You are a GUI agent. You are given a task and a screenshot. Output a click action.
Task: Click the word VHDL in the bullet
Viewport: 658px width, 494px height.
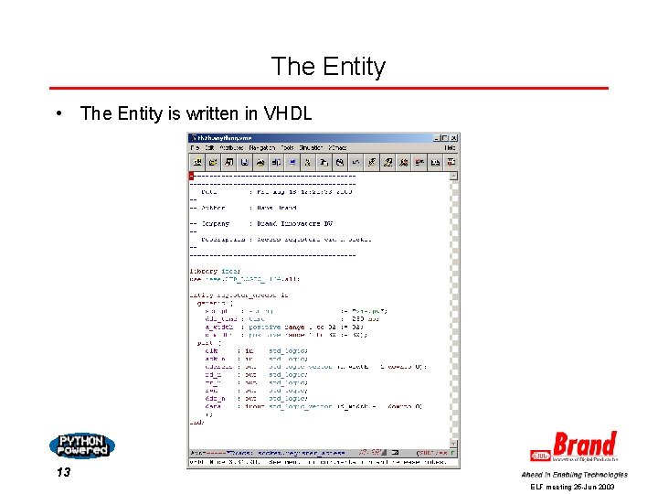[288, 113]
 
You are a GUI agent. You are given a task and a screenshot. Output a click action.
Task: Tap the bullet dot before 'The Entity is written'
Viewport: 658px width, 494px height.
[58, 113]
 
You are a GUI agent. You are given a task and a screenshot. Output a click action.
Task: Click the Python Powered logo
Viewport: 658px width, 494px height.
[82, 446]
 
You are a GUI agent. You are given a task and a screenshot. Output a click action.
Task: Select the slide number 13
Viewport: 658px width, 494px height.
[63, 472]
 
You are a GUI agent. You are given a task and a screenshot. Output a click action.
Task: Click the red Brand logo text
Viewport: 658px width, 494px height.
[585, 446]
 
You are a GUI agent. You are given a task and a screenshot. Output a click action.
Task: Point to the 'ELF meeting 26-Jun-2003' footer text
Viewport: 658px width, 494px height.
[573, 488]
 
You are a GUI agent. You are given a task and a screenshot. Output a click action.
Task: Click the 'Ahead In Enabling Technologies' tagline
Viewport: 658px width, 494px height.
[574, 475]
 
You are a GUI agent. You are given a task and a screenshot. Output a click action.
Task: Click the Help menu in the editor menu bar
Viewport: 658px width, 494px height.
[450, 147]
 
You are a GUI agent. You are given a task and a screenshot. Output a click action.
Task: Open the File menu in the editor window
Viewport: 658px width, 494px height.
[194, 147]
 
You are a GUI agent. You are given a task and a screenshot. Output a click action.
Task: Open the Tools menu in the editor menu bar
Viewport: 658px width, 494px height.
[287, 147]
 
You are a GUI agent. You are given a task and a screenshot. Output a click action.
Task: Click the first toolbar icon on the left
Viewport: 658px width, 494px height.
[196, 162]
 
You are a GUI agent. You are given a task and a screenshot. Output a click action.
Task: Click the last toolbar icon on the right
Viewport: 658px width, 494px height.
[451, 162]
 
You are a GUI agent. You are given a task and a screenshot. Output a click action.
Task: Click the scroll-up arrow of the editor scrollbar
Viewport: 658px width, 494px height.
[454, 176]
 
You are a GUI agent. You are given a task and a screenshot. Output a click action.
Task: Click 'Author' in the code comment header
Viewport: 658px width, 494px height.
[213, 208]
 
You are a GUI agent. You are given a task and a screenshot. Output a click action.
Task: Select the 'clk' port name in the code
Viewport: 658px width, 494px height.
[212, 349]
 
